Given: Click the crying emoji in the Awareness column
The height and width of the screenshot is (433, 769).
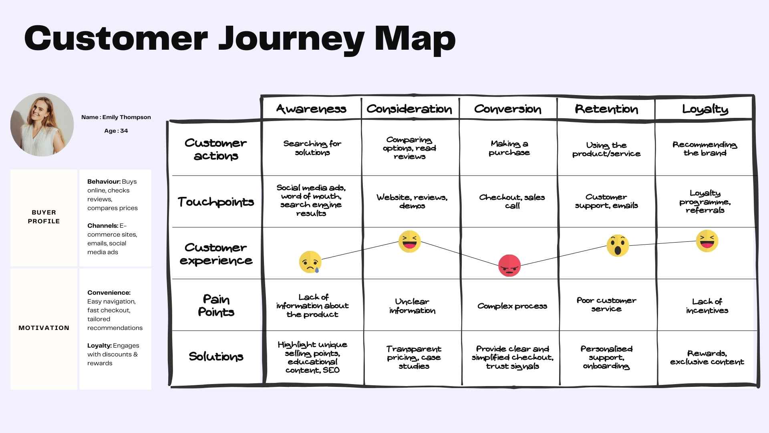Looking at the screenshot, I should [310, 262].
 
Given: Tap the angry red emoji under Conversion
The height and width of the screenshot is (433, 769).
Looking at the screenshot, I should [509, 265].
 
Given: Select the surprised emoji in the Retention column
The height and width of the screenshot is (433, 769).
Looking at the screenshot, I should [618, 245].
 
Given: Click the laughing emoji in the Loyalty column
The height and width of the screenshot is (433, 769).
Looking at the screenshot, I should [707, 241].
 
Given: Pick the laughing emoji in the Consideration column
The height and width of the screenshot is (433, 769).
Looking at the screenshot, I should [409, 241].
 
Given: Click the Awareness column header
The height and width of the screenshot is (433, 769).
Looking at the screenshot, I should [311, 109].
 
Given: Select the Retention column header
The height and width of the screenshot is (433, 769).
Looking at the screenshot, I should [606, 109].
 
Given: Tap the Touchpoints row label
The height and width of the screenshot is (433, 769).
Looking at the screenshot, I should [216, 202].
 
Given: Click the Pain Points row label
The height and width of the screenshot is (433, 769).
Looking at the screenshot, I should [216, 306].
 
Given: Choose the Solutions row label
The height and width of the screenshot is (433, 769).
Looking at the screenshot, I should [216, 356].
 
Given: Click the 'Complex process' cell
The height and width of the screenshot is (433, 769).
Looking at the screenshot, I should [512, 306].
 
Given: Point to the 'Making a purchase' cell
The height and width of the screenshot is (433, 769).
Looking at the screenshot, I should [509, 148].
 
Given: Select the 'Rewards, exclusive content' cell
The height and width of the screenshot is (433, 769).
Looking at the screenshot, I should [707, 357].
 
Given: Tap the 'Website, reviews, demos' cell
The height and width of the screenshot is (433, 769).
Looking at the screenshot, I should [412, 201].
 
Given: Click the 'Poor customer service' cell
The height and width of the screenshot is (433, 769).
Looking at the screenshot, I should [606, 305].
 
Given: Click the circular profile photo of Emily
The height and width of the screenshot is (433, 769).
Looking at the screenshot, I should [42, 125].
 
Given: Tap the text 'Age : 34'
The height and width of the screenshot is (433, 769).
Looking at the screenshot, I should [116, 131].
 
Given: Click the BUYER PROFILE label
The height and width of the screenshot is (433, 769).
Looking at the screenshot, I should [44, 217].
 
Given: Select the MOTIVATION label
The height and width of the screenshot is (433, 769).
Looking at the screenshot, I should [44, 328].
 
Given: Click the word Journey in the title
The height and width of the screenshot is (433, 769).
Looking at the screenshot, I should [291, 39].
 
